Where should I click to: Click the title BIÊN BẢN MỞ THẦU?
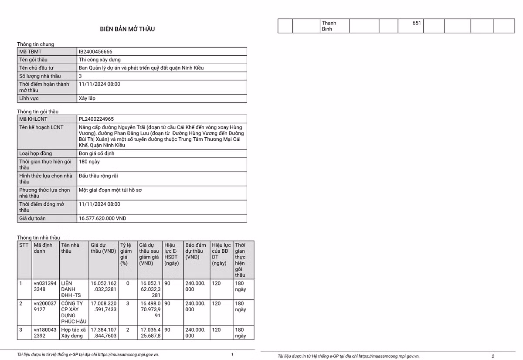pyautogui.click(x=127, y=29)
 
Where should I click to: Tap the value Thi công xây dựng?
pyautogui.click(x=100, y=60)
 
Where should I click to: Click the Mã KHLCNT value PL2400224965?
pyautogui.click(x=96, y=119)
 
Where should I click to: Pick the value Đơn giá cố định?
pyautogui.click(x=97, y=153)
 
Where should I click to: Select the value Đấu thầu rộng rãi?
pyautogui.click(x=98, y=176)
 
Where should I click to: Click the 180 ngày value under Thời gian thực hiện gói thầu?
pyautogui.click(x=89, y=162)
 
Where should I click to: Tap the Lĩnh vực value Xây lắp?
pyautogui.click(x=87, y=98)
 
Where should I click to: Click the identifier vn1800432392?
pyautogui.click(x=45, y=333)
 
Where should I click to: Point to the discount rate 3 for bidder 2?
pyautogui.click(x=128, y=303)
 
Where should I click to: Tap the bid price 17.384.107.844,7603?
pyautogui.click(x=104, y=333)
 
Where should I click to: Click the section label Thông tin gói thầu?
pyautogui.click(x=37, y=112)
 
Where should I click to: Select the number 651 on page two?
pyautogui.click(x=417, y=23)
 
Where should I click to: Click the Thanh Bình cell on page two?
pyautogui.click(x=329, y=26)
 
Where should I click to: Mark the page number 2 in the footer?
pyautogui.click(x=493, y=356)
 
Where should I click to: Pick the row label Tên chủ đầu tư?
pyautogui.click(x=39, y=68)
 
